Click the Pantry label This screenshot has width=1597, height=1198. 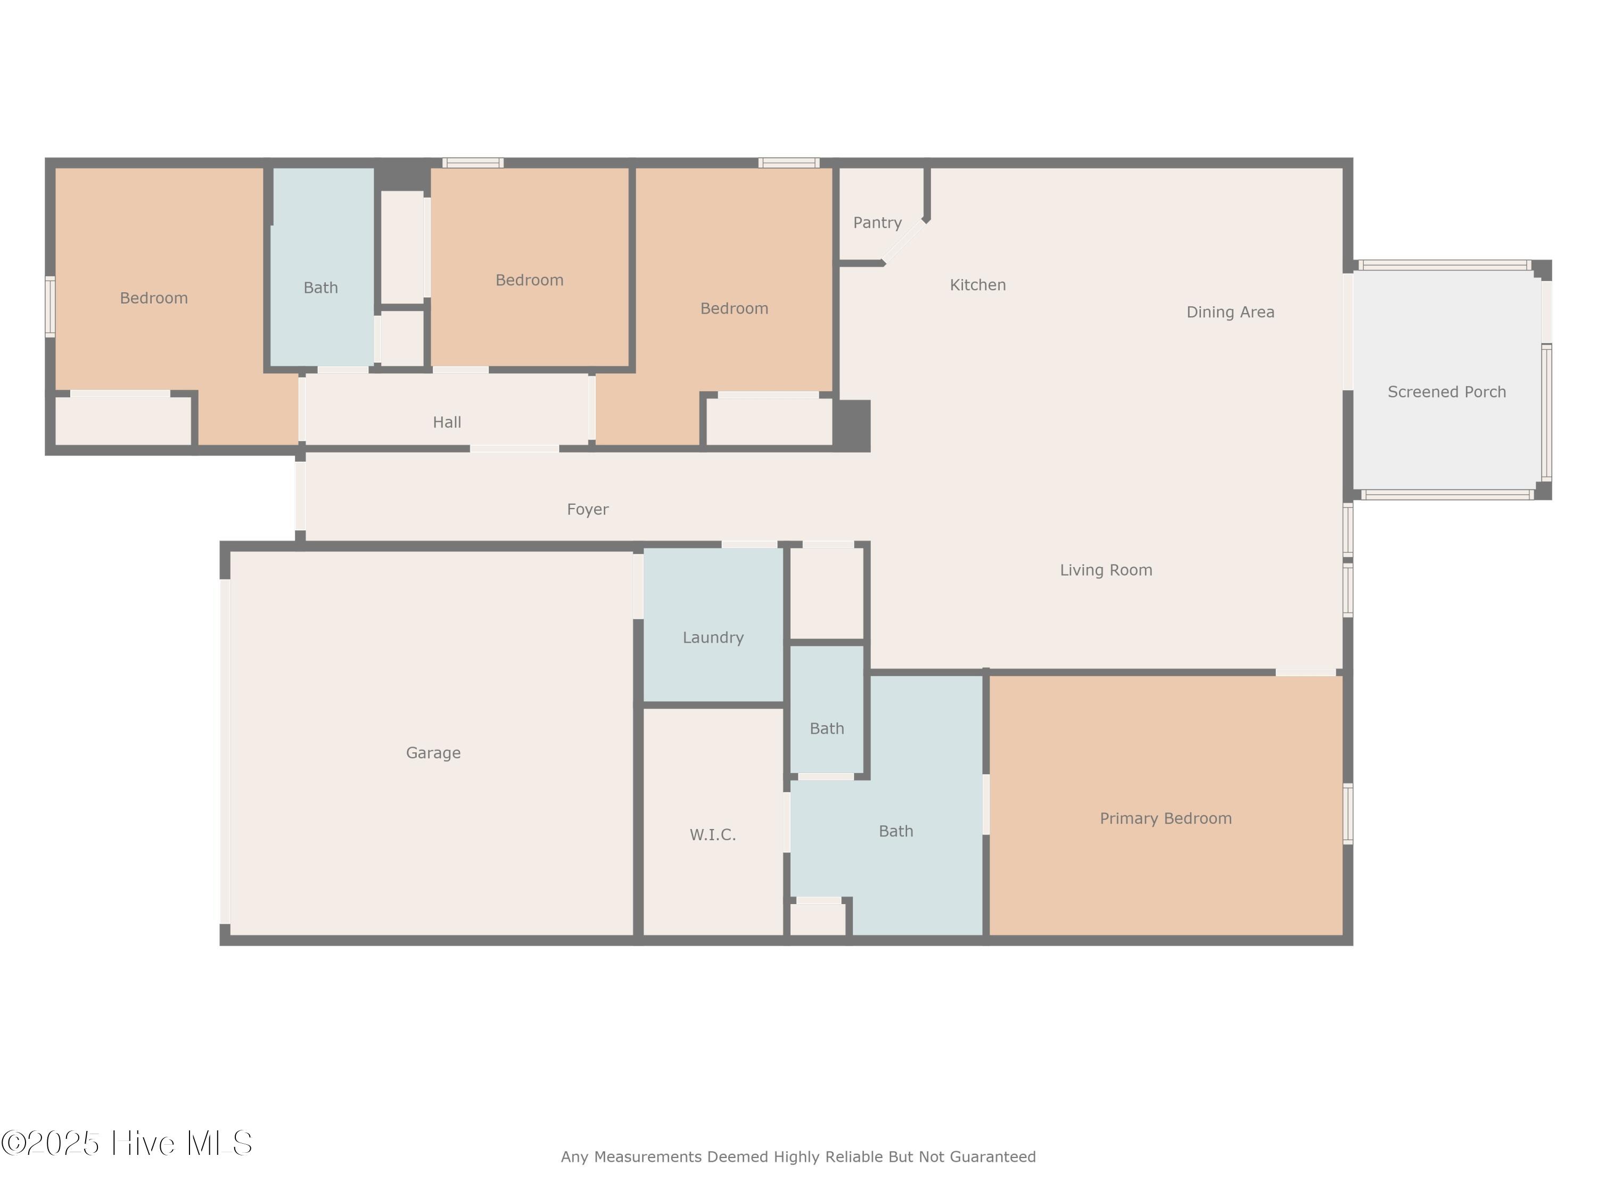(x=877, y=223)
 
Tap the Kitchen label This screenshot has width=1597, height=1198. (x=977, y=285)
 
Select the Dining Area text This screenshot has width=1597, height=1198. (x=1230, y=313)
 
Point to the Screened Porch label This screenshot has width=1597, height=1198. (x=1447, y=392)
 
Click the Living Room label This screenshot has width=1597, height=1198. (x=1106, y=570)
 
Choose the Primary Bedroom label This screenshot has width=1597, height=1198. (x=1166, y=819)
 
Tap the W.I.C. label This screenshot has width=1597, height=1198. (x=713, y=835)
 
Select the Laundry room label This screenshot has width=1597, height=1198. (x=713, y=638)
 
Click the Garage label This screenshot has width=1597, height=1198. (x=433, y=754)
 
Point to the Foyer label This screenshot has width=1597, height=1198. (x=588, y=511)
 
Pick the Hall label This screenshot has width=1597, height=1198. (x=447, y=422)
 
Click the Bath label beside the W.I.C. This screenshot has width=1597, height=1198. (x=896, y=832)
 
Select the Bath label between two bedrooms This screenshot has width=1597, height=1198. (x=320, y=288)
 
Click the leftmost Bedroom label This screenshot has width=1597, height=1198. (x=154, y=298)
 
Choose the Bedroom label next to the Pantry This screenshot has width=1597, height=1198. (x=734, y=309)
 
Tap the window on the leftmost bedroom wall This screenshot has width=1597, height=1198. (x=50, y=307)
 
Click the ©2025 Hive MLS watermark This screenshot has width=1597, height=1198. (x=126, y=1143)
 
